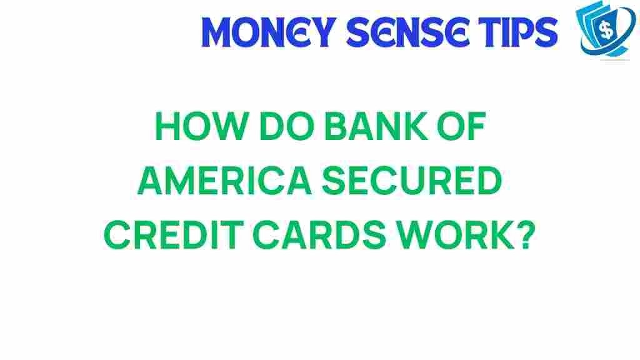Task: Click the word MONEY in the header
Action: click(x=268, y=32)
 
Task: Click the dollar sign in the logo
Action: click(x=607, y=30)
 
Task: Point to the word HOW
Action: click(x=202, y=126)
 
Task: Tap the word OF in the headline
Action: click(x=462, y=126)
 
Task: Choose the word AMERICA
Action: click(x=225, y=181)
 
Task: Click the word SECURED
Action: click(x=412, y=181)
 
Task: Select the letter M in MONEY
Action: click(x=216, y=32)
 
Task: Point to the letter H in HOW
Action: click(x=167, y=126)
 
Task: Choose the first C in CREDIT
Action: click(x=117, y=235)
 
